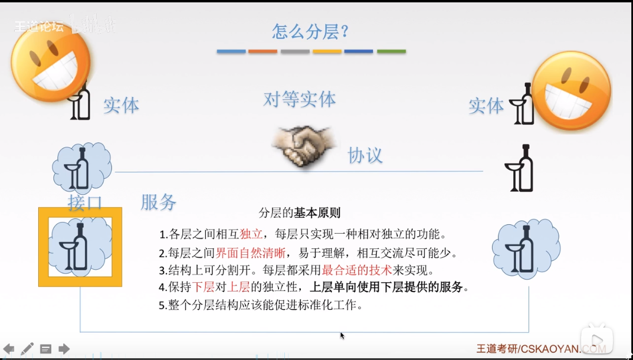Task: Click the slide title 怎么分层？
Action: pyautogui.click(x=310, y=31)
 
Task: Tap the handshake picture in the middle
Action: pyautogui.click(x=303, y=146)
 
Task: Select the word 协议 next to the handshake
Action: pyautogui.click(x=365, y=156)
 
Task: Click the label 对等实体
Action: pyautogui.click(x=300, y=99)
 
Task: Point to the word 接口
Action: pyautogui.click(x=85, y=202)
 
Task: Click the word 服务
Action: pyautogui.click(x=158, y=202)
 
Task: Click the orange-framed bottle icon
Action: pyautogui.click(x=80, y=247)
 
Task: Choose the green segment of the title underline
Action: pyautogui.click(x=391, y=52)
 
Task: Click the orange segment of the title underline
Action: pyautogui.click(x=263, y=52)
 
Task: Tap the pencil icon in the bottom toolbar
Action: pyautogui.click(x=27, y=349)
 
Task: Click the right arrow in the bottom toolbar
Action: pyautogui.click(x=64, y=349)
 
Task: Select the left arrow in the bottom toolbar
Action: pyautogui.click(x=9, y=349)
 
